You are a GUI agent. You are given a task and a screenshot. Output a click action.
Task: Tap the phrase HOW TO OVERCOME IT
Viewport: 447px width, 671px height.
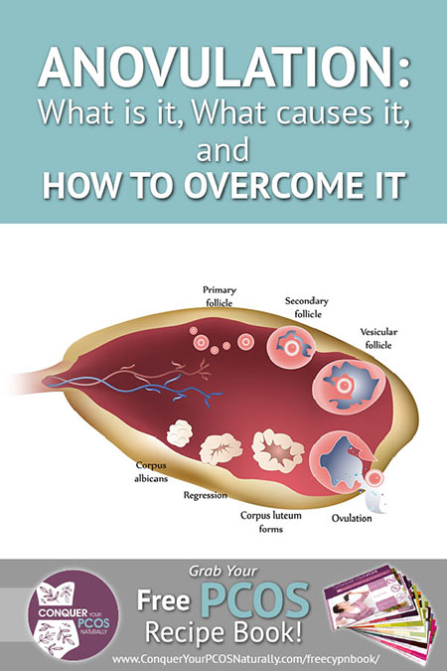point(223,185)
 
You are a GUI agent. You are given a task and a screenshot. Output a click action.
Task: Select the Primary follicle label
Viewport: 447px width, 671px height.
point(220,296)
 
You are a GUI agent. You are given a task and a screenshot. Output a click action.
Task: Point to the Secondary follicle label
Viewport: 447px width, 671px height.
point(307,307)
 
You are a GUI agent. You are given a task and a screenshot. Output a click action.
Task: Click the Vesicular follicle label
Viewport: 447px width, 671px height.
point(378,338)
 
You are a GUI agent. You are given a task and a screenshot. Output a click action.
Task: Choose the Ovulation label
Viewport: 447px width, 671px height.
point(352,518)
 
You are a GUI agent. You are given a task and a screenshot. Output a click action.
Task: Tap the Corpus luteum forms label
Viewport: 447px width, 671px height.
point(271,522)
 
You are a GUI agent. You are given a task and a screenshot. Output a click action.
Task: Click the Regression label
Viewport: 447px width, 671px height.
point(206,495)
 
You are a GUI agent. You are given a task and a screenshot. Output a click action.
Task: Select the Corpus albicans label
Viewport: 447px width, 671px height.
point(151,471)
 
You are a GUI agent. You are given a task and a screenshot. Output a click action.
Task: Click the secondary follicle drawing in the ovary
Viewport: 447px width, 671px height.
point(291,348)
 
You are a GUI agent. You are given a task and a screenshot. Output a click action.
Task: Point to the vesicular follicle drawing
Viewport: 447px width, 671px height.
point(349,387)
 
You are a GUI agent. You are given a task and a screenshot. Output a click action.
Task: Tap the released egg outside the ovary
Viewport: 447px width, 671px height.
point(374,478)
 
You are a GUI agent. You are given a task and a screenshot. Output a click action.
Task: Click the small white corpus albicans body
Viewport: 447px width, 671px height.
point(179,433)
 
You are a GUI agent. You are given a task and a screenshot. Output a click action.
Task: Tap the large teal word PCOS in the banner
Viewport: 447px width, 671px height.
point(255,599)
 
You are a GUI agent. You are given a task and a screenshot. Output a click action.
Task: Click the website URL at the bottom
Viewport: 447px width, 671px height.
point(245,658)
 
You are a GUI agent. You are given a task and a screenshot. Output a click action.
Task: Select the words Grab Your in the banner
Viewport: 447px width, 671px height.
point(223,572)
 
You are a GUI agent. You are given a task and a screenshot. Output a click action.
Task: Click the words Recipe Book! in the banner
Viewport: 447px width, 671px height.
point(223,632)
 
